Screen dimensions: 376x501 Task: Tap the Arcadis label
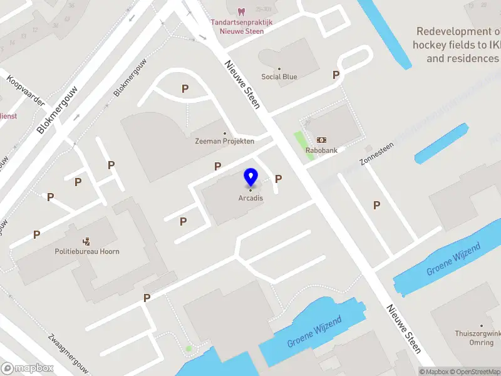(x=250, y=198)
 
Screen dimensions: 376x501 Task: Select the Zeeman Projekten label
(x=224, y=141)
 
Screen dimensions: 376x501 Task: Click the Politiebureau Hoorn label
(x=87, y=251)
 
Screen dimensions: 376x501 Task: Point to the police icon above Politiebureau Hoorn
(x=86, y=241)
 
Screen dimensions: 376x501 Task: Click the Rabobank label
(x=322, y=150)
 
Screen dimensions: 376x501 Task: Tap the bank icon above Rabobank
(x=322, y=140)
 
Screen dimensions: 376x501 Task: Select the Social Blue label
(x=279, y=77)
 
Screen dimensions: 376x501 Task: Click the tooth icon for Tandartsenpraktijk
(x=241, y=11)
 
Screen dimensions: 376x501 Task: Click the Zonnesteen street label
(x=376, y=153)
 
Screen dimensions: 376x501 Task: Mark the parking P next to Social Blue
(x=336, y=75)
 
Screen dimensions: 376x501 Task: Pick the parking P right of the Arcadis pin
(x=278, y=179)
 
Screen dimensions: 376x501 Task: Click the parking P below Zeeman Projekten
(x=217, y=167)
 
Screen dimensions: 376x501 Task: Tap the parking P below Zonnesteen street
(x=376, y=205)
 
